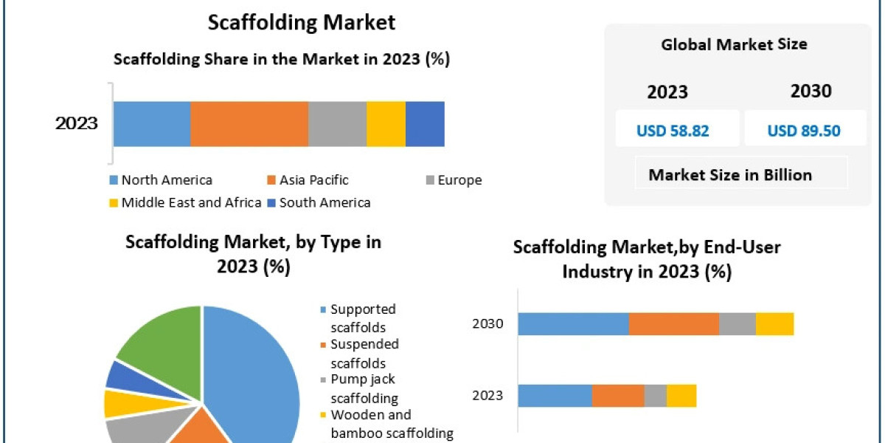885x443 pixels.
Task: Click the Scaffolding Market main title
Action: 301,21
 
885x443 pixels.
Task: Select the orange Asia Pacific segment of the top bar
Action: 249,124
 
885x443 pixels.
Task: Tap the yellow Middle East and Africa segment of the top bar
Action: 386,124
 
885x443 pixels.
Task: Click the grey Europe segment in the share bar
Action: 337,124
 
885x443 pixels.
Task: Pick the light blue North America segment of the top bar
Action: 152,124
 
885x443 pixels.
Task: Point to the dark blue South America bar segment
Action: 425,124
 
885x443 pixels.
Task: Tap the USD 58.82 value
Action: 673,131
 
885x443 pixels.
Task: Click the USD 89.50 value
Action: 804,131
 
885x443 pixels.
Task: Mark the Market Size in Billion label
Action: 730,175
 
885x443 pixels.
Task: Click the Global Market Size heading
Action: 734,44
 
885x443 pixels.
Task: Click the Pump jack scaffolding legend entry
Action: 364,388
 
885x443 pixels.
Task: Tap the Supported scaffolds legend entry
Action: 363,317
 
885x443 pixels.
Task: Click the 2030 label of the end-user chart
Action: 487,323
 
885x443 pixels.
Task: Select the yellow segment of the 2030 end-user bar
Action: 774,323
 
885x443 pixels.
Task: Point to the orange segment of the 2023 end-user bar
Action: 618,395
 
